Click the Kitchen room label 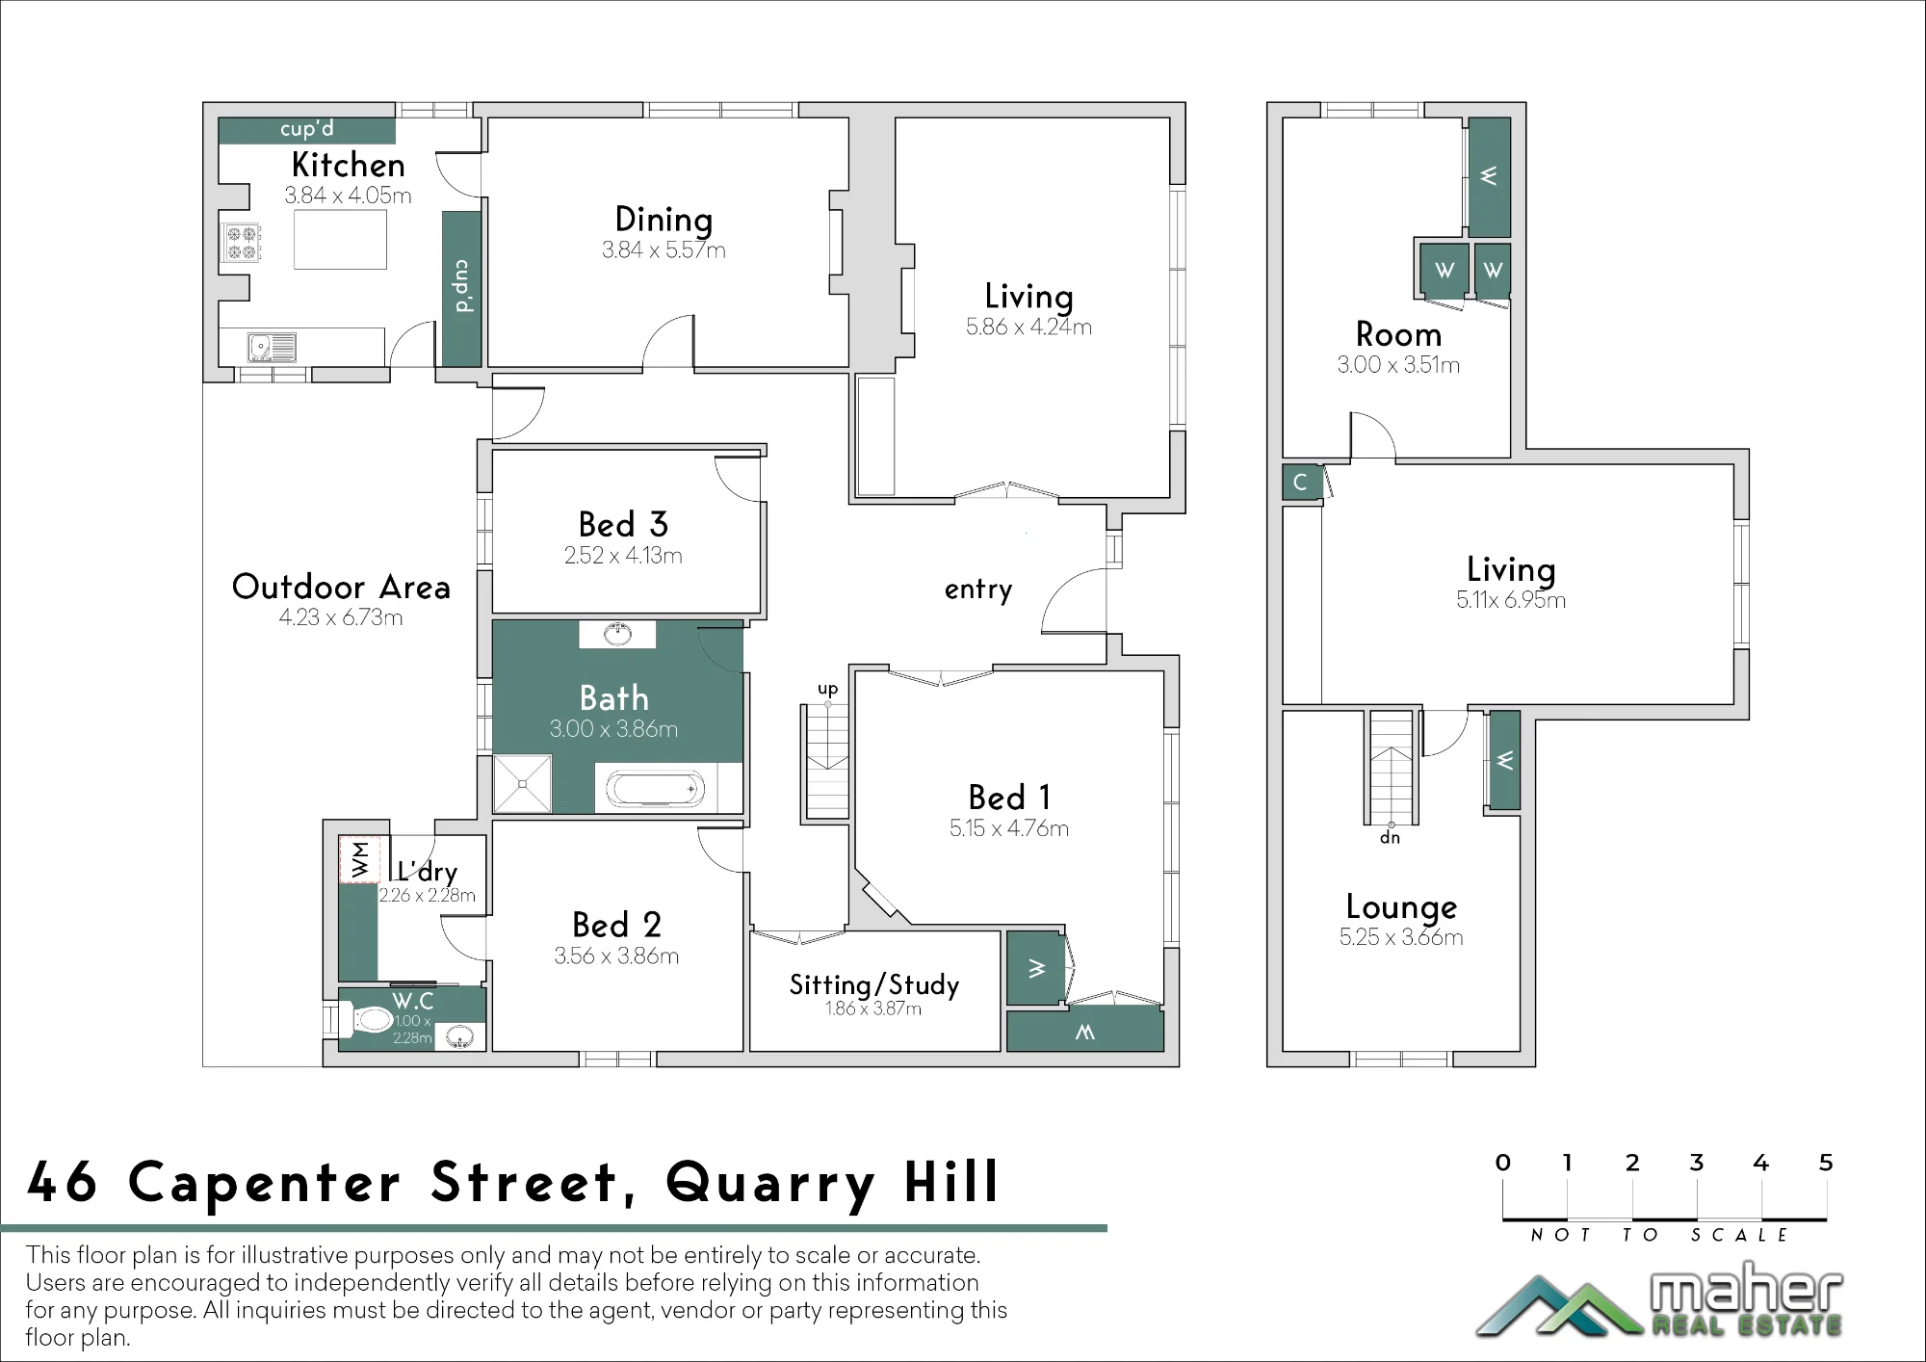coord(348,165)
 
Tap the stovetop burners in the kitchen coord(242,243)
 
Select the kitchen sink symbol coord(272,347)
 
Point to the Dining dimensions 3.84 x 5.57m coord(664,250)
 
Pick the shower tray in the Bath coord(522,784)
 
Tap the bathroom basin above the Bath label coord(617,634)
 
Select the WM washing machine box coord(360,859)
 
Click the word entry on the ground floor coord(978,589)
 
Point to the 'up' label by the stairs coord(828,689)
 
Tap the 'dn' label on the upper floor coord(1390,837)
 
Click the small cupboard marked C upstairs coord(1301,482)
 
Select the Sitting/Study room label coord(874,984)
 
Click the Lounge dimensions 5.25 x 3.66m coord(1401,937)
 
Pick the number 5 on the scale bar coord(1825,1163)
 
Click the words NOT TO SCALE coord(1659,1235)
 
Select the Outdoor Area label coord(341,587)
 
